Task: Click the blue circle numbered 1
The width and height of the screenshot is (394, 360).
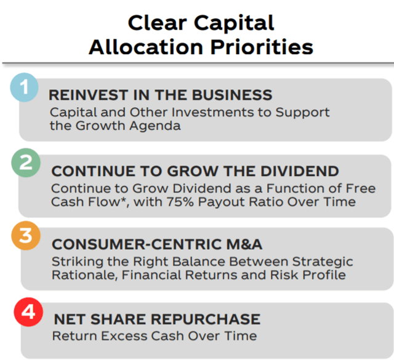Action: click(24, 87)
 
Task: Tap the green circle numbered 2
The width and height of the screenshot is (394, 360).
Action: click(26, 163)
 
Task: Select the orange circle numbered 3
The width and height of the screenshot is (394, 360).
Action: click(26, 236)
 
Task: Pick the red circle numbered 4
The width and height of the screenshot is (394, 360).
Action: click(28, 312)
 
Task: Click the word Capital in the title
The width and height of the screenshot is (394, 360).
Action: click(234, 23)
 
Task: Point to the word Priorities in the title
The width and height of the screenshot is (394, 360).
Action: click(262, 47)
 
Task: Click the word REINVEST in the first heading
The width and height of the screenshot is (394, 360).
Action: click(89, 95)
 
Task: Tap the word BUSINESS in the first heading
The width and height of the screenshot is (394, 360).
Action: click(232, 95)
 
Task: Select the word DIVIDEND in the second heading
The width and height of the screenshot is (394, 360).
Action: click(300, 171)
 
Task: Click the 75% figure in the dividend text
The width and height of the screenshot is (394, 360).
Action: click(180, 202)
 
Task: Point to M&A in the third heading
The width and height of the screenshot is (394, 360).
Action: click(244, 244)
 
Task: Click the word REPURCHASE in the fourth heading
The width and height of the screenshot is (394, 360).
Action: click(205, 319)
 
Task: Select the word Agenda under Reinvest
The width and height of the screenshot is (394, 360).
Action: click(155, 126)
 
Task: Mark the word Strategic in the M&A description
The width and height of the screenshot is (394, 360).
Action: click(323, 262)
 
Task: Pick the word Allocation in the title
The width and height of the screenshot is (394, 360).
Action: click(146, 47)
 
